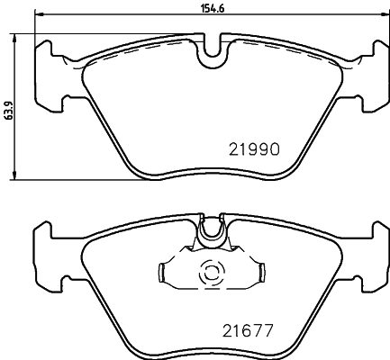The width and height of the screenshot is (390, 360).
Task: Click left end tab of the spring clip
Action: tap(164, 270)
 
